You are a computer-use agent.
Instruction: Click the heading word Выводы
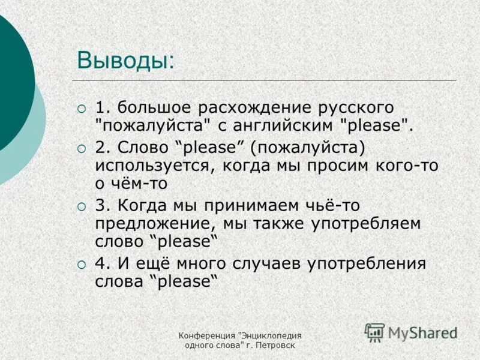(125, 61)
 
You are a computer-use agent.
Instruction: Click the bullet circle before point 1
(82, 109)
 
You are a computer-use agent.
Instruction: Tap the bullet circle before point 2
(82, 148)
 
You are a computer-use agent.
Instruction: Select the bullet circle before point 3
(82, 206)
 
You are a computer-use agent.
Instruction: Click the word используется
(154, 166)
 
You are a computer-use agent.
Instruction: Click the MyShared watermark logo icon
(375, 332)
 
